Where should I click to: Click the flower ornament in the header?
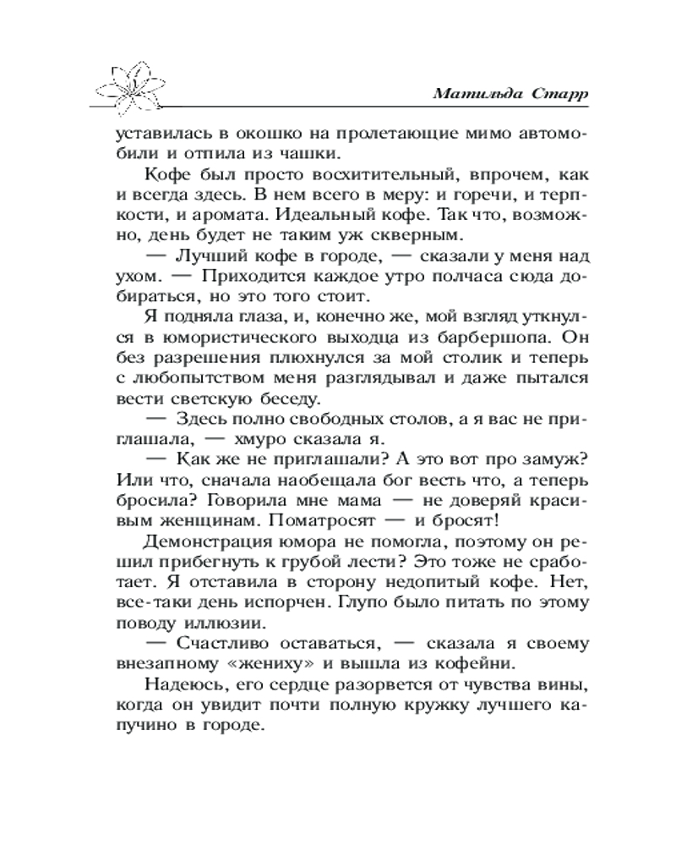coord(134,85)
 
